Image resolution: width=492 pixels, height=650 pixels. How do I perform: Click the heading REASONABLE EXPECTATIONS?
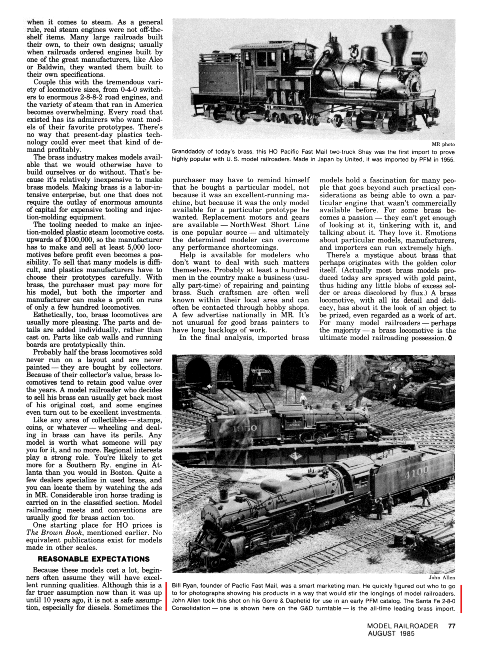pos(93,559)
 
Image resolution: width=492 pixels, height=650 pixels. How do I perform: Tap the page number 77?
pos(452,626)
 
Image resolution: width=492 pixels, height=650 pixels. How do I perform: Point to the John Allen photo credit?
pos(441,577)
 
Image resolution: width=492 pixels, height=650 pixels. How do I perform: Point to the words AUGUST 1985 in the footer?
pos(391,634)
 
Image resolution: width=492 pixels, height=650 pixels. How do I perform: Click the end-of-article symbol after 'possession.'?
pos(450,338)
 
